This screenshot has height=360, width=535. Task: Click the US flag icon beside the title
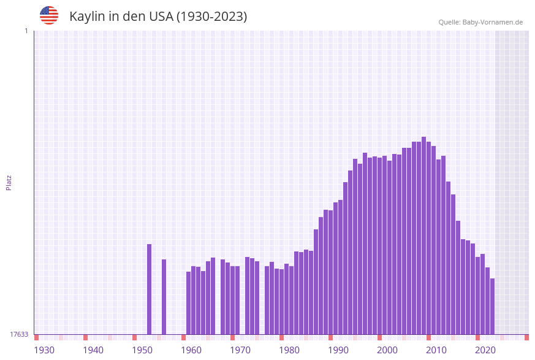(x=49, y=15)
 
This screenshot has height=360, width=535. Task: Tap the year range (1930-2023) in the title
(x=211, y=17)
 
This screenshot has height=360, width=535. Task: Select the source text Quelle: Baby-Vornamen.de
(x=480, y=22)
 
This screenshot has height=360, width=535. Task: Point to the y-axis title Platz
(x=9, y=182)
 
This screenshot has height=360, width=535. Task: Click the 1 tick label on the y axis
(x=26, y=31)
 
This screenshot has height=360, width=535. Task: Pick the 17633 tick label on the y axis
(x=19, y=334)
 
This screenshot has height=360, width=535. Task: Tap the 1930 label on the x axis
(x=44, y=350)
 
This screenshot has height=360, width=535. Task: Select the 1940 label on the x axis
(x=93, y=350)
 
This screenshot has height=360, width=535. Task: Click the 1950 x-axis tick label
(x=142, y=350)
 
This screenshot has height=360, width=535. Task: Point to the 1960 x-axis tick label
(x=191, y=350)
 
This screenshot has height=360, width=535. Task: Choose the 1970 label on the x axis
(x=240, y=350)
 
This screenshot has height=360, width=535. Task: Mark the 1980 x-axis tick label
(x=289, y=350)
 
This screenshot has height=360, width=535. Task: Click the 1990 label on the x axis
(x=338, y=350)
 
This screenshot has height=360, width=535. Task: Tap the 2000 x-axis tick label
(x=387, y=350)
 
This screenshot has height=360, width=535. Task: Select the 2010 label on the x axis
(x=436, y=350)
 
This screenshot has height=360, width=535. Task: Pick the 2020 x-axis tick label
(x=485, y=350)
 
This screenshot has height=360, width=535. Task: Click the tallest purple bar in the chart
(x=423, y=236)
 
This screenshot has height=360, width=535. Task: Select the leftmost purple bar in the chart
(x=149, y=289)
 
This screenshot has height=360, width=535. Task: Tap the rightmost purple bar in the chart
(x=492, y=306)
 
